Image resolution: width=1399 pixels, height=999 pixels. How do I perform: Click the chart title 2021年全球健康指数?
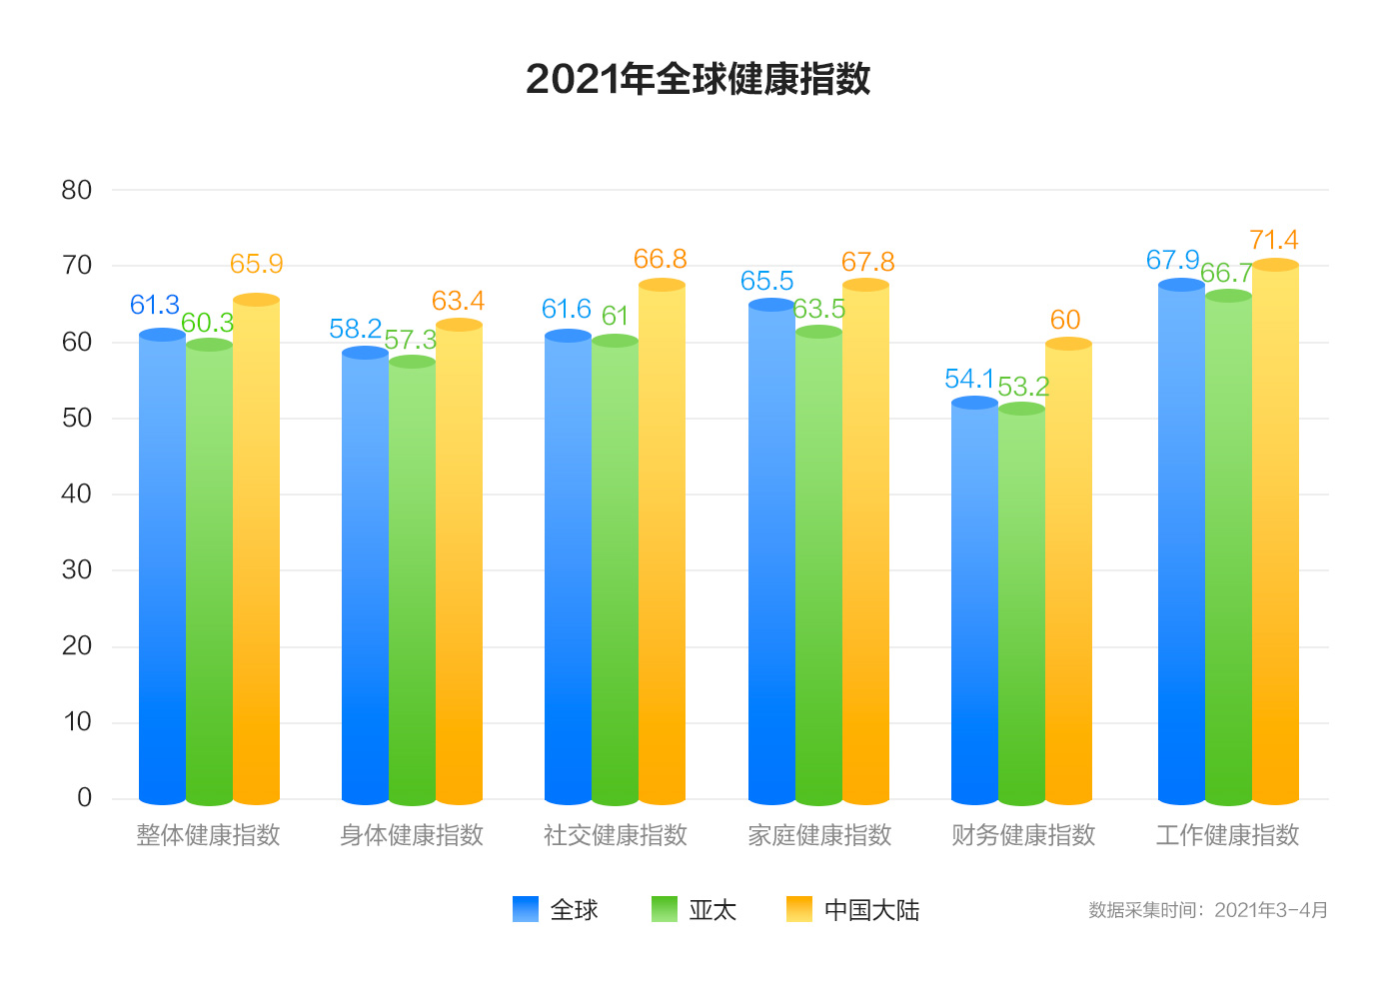(x=698, y=79)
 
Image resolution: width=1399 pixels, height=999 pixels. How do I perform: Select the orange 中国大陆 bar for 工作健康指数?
(x=1275, y=539)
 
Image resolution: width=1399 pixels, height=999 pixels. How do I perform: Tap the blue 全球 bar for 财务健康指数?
(x=974, y=599)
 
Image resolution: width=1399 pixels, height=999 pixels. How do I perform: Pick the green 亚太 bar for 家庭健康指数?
(x=819, y=569)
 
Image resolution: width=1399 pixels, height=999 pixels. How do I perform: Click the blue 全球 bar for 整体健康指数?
(x=162, y=569)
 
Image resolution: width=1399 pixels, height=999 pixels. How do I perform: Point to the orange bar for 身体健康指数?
(x=459, y=564)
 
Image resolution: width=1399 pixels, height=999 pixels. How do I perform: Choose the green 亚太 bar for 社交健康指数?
(x=615, y=574)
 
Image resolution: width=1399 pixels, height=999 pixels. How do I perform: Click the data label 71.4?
(x=1274, y=241)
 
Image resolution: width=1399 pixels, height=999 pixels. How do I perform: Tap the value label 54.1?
(x=969, y=380)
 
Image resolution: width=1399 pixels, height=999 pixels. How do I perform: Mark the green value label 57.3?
(x=411, y=341)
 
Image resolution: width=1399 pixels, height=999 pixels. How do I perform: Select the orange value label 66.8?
(x=661, y=260)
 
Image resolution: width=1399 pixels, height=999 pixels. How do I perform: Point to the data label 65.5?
(x=766, y=282)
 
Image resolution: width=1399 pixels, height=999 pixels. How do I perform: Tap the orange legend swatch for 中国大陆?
(x=799, y=909)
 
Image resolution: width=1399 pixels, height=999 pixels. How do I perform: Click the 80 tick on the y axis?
(x=77, y=190)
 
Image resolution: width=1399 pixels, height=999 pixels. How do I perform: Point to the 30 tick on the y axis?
(x=77, y=570)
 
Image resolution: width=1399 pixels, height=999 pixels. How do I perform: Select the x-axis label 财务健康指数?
(x=1023, y=835)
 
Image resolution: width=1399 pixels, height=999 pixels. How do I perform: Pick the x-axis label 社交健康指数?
(x=616, y=835)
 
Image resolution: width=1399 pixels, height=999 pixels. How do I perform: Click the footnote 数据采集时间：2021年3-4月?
(x=1208, y=910)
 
